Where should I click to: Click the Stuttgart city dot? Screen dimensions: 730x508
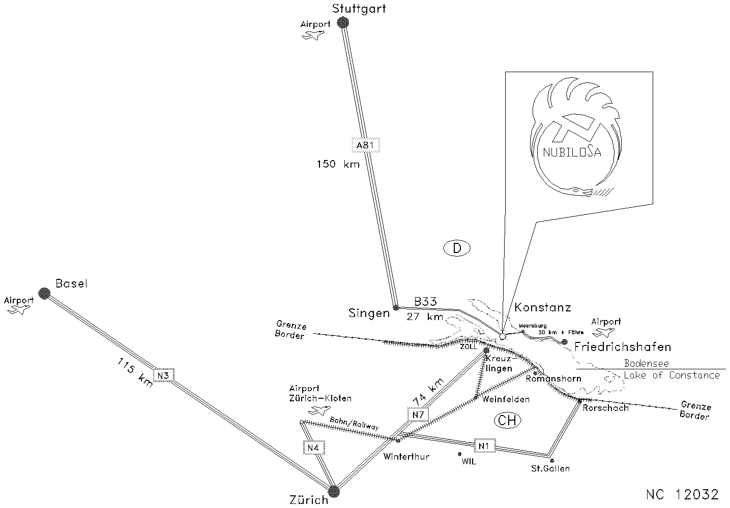[343, 22]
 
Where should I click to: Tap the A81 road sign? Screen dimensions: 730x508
[366, 145]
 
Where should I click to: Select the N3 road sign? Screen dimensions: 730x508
[164, 375]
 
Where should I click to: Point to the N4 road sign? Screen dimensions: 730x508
[313, 448]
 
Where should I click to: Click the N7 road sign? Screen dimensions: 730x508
[418, 415]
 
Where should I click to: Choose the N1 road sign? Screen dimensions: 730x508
[485, 446]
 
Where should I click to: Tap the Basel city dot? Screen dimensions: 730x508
[44, 293]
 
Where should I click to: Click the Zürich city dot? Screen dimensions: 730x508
[333, 491]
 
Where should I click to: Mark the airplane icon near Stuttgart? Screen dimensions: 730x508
[313, 35]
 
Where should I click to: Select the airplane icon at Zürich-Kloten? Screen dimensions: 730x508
[319, 410]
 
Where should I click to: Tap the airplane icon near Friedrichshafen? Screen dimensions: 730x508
[603, 333]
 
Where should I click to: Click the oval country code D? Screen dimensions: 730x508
[457, 248]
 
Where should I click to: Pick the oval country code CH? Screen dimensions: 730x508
[507, 421]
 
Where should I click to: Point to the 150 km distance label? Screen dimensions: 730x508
[338, 164]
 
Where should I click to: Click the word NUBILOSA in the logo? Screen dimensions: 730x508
[572, 152]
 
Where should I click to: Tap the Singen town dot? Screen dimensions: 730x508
[396, 307]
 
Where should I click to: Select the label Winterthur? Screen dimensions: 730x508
[406, 457]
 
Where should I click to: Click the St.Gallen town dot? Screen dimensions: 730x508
[552, 460]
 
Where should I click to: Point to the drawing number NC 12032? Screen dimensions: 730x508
[682, 494]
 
